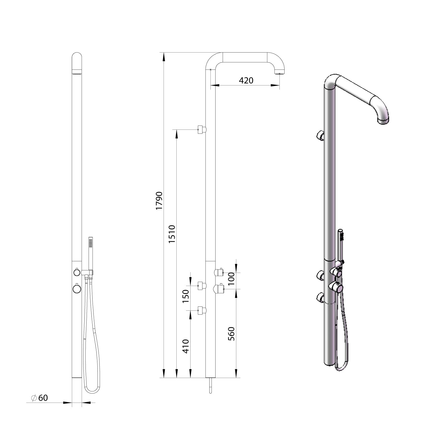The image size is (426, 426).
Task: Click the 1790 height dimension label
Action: [159, 201]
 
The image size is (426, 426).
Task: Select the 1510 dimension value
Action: [172, 234]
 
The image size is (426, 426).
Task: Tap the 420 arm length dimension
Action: [246, 81]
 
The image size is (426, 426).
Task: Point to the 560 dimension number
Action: [231, 334]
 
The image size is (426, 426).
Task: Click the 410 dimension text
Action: [186, 346]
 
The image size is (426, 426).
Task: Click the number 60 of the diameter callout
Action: [43, 398]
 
